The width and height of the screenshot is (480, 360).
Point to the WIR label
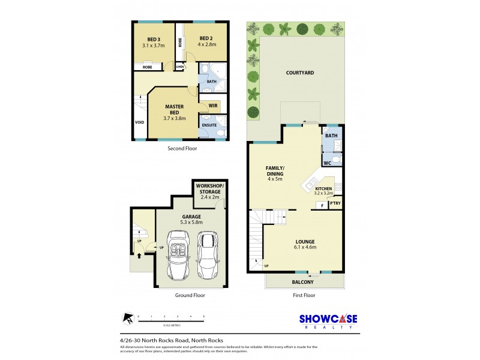(x=212, y=106)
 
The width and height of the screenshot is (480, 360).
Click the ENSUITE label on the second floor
(x=209, y=125)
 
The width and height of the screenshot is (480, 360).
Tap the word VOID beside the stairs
(x=140, y=122)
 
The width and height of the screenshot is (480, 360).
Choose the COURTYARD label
(x=299, y=73)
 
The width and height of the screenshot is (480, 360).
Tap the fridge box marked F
(x=322, y=205)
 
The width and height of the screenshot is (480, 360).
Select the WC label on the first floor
(x=327, y=163)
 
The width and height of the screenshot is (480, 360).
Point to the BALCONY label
(x=304, y=282)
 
